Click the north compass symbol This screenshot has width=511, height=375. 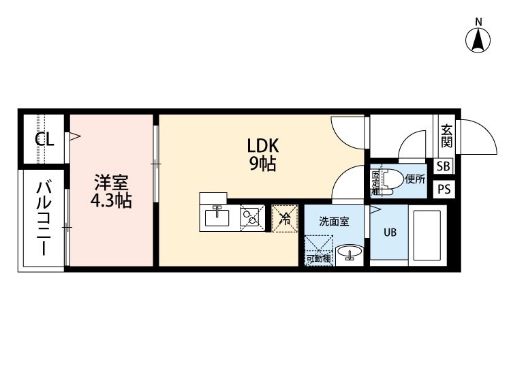point(478,40)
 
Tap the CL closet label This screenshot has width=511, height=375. point(44,140)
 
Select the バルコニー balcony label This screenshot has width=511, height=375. point(44,217)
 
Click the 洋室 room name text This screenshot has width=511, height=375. point(111,183)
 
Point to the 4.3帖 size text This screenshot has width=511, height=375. point(111,200)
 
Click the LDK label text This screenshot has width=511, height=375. point(263,145)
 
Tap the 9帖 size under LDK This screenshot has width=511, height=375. point(263,164)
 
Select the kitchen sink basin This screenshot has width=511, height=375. point(217,217)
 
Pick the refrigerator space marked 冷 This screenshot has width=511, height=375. point(285,218)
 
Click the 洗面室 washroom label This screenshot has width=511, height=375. point(334,222)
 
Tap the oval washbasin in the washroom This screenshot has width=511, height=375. point(350,252)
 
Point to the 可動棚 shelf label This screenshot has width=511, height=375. point(318,259)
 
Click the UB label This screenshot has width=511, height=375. point(390,232)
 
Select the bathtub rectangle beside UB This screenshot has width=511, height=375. point(427,235)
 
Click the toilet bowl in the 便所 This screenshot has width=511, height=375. point(391,180)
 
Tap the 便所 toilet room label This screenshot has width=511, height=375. point(415,179)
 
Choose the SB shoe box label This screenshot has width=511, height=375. point(444,166)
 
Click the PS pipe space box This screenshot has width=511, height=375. point(444,189)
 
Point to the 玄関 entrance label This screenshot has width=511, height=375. point(446,136)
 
